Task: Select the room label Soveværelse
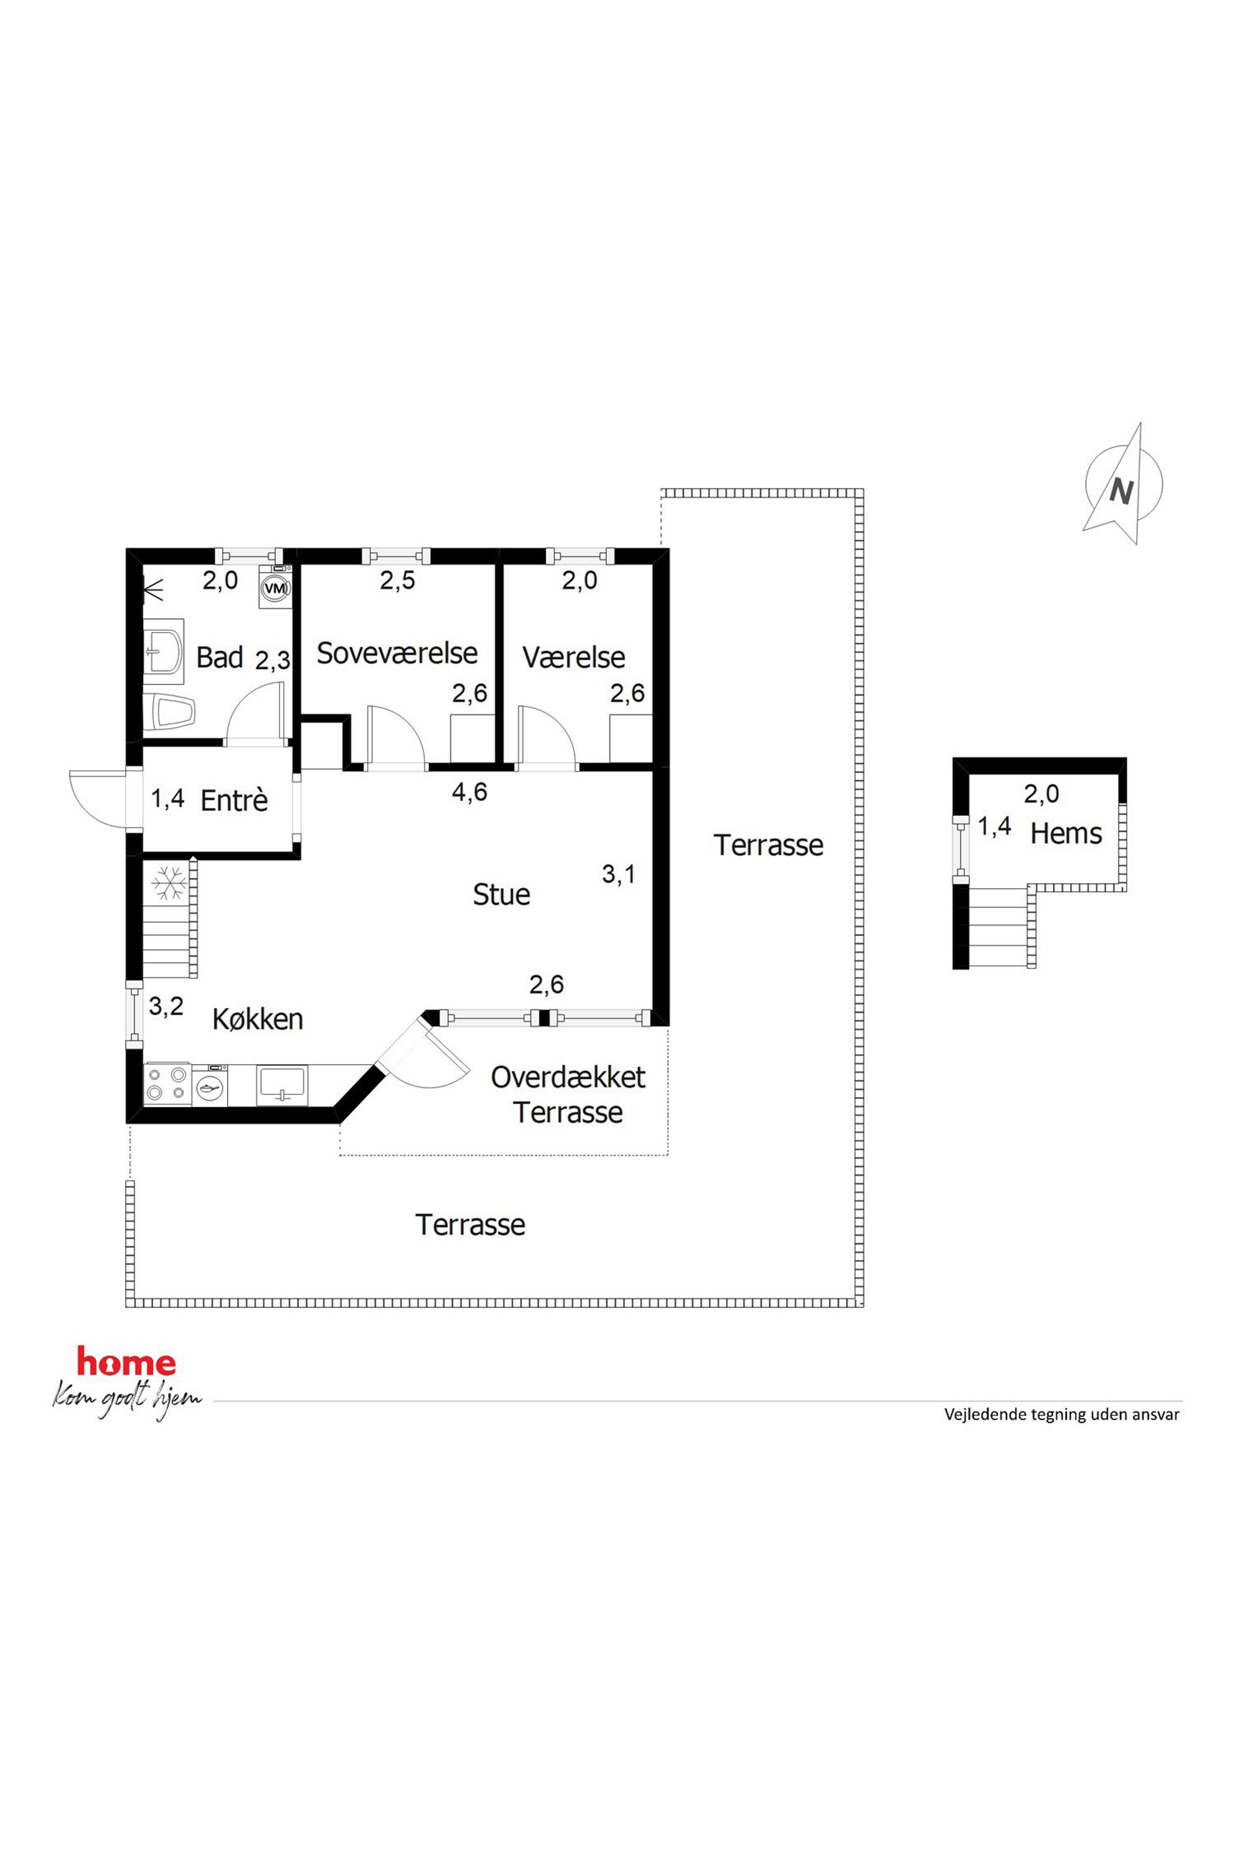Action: point(397,653)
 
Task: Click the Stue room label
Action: point(501,894)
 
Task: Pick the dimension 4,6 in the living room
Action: point(469,792)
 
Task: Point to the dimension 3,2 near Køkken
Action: point(166,1006)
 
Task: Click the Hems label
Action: point(1066,833)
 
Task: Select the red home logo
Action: point(126,1362)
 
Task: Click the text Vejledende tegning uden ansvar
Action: point(1062,1414)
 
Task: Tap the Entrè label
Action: point(234,801)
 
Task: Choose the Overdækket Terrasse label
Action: point(568,1095)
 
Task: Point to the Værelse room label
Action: point(573,658)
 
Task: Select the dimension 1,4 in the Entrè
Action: point(168,798)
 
